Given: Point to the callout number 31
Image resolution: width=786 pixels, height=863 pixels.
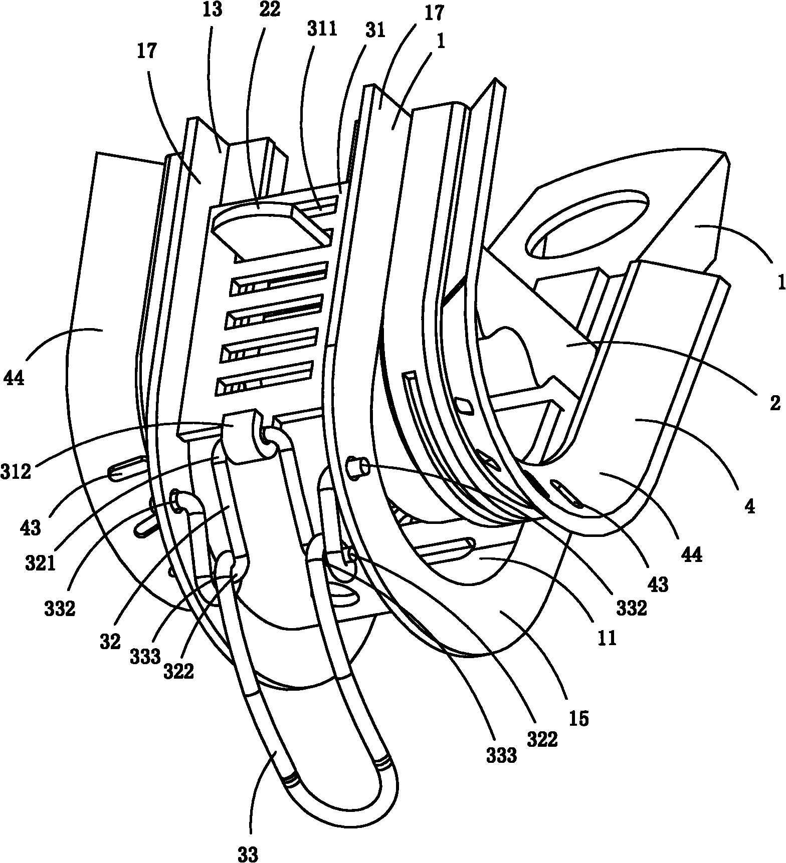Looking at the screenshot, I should click(375, 31).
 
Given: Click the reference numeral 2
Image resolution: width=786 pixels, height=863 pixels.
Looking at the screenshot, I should click(775, 402).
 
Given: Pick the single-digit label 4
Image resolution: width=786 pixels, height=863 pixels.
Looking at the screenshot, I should click(749, 507).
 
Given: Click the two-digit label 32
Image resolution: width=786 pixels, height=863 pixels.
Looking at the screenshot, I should click(110, 642).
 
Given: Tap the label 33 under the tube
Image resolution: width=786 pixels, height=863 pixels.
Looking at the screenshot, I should click(249, 853).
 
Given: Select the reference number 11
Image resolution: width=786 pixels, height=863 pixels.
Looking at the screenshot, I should click(607, 639).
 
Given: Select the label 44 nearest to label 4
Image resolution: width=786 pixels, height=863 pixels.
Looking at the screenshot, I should click(692, 554).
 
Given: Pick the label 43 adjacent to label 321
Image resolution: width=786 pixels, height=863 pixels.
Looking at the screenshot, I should click(31, 527).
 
